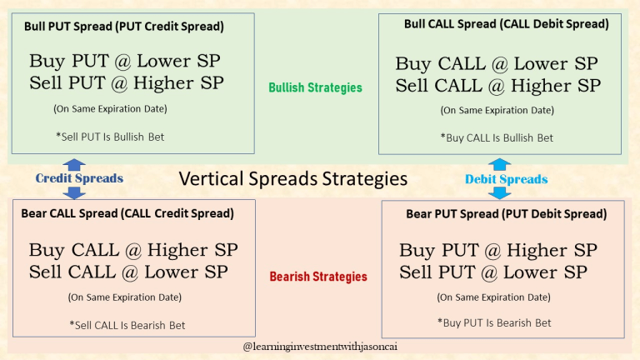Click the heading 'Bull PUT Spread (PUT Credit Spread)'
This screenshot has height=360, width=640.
coord(124,27)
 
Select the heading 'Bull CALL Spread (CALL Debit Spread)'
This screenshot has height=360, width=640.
coord(506,25)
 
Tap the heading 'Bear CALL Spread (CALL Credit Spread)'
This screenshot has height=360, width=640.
coord(127,213)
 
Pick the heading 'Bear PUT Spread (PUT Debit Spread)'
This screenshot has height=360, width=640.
coord(506,214)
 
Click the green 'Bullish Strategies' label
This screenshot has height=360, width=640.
coord(315,87)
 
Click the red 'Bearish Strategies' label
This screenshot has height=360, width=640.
coord(317,277)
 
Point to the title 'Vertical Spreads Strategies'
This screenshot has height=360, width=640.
coord(293,178)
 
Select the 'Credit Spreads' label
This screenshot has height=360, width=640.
coord(79,178)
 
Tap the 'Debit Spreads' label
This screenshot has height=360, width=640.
coord(506,179)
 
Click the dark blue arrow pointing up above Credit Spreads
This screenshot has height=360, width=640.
coord(74,164)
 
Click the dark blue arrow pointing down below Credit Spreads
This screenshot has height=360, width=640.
coord(74,192)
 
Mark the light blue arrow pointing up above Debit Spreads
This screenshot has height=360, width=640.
coord(499,164)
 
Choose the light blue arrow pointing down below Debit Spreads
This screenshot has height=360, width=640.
coord(499,193)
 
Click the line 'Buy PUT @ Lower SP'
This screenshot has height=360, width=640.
coord(127,61)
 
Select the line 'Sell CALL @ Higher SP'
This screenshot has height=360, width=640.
coord(497,85)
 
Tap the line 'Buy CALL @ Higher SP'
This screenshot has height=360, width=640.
coord(133,250)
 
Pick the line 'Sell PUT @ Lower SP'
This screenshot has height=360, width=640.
coord(493,272)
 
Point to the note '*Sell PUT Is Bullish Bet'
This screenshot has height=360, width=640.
coord(109,137)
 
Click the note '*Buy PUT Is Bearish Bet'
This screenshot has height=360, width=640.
coord(494,322)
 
